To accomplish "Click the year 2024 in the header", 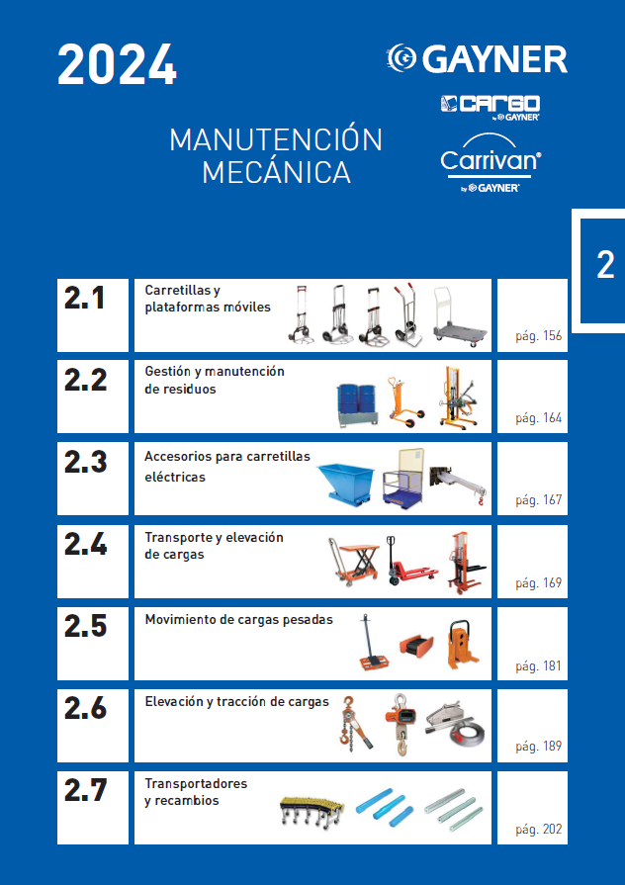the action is [117, 65].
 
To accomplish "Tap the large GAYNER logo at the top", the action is [477, 59].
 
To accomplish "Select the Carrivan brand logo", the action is [491, 163].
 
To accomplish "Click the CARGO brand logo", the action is [491, 107].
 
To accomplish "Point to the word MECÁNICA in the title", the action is [276, 172].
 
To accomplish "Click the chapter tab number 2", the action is [605, 265].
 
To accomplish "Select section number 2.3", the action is [85, 462].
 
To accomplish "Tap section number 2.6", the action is [85, 708].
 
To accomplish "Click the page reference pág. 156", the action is [538, 336].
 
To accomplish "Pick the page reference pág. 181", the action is [538, 666].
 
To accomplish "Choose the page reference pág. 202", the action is [538, 830].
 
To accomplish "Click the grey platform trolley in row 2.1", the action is [459, 317].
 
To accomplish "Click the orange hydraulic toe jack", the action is [463, 645].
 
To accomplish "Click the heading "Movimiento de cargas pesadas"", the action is [238, 620].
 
